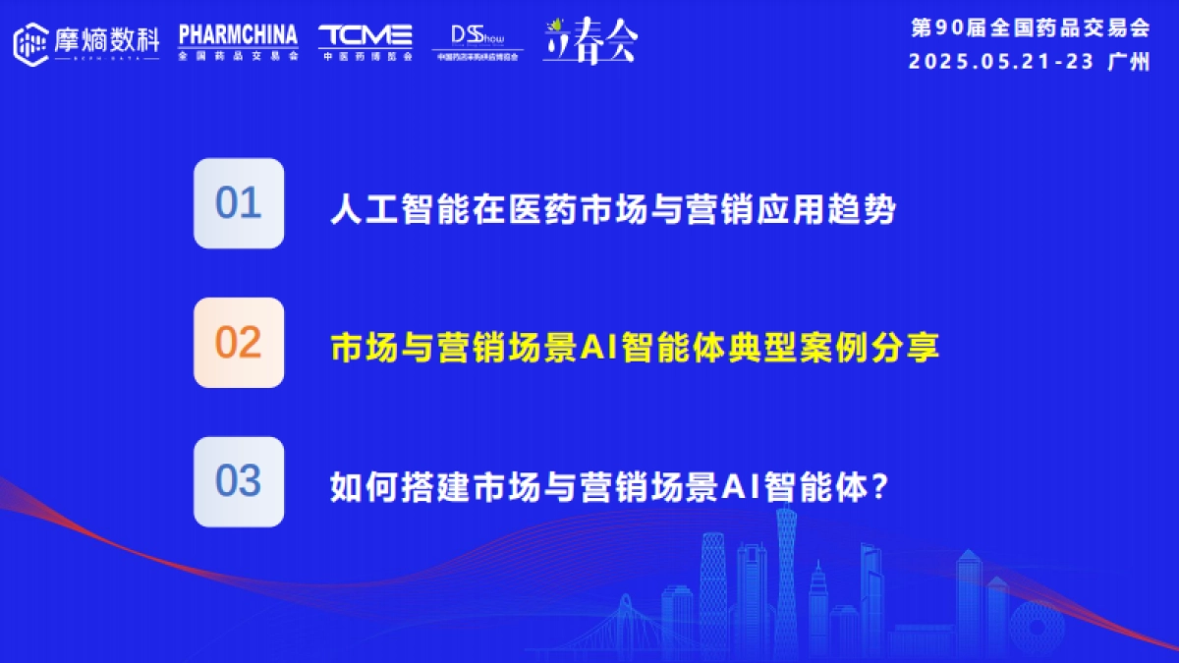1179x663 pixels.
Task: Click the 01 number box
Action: pos(239,203)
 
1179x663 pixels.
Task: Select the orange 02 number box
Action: pos(239,343)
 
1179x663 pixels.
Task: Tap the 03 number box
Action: pos(239,482)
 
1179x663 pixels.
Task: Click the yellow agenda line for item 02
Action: pos(635,348)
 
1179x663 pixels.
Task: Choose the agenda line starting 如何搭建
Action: pos(609,486)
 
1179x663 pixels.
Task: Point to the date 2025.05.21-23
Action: pos(1001,61)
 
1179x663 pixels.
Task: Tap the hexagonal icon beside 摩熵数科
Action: pos(31,42)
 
